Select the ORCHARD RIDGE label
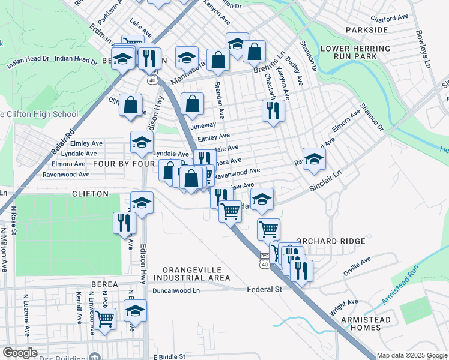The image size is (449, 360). [x=339, y=241]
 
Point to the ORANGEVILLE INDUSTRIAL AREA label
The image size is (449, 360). [x=191, y=274]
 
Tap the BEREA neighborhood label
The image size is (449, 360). [x=109, y=284]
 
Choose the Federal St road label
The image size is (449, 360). [x=265, y=289]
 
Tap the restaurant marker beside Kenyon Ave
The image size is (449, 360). [x=273, y=110]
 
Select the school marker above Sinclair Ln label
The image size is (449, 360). [x=314, y=159]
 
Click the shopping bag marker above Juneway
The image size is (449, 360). [x=191, y=103]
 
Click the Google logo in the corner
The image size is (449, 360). [x=20, y=353]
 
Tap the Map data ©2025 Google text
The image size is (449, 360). [x=412, y=355]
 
